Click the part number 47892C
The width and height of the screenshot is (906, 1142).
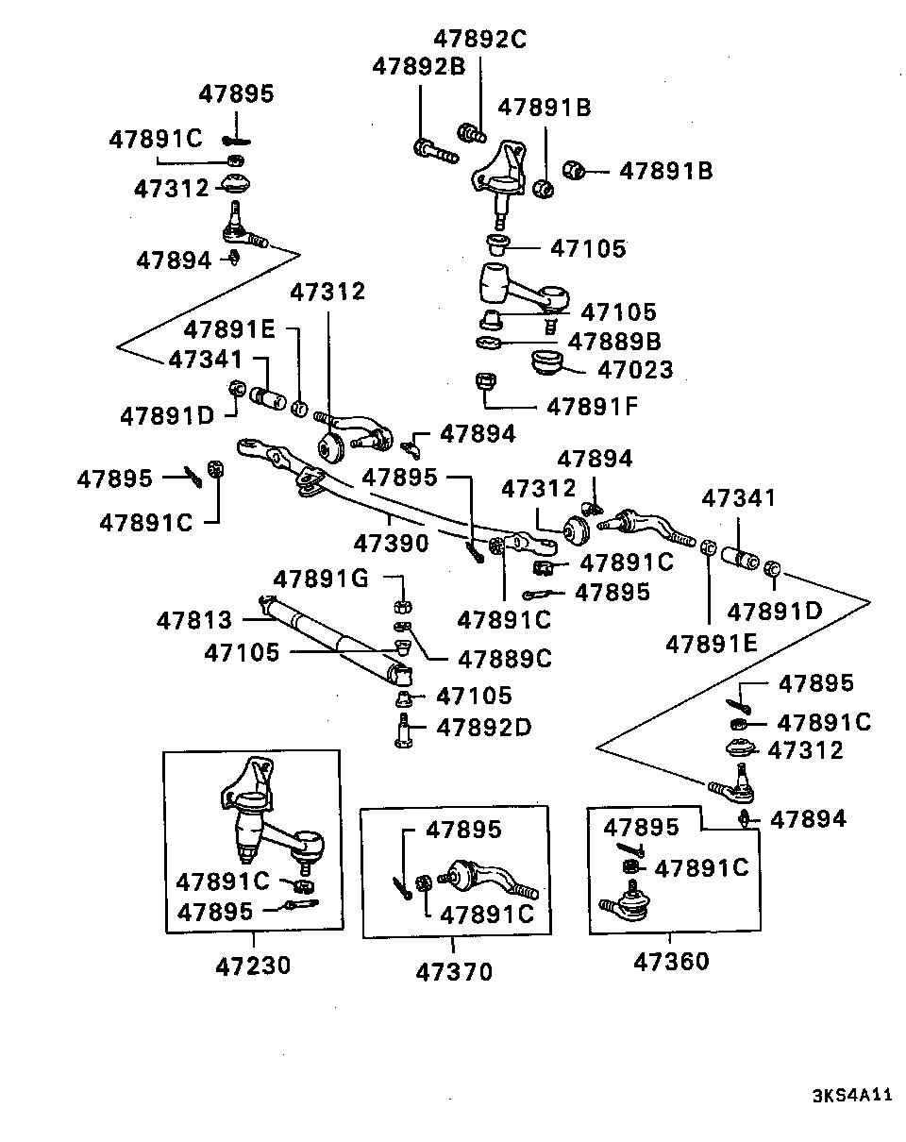coord(479,40)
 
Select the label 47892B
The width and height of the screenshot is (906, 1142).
coord(419,67)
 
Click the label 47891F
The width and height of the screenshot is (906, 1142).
coord(594,408)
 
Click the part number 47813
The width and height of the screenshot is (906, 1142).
coord(193,621)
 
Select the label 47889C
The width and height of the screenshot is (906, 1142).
coord(504,659)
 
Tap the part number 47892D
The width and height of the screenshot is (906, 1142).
coord(483,728)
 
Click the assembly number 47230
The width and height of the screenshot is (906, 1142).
coord(253,966)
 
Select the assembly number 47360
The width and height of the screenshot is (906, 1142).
coord(670,962)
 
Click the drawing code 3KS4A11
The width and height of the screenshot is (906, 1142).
coord(852,1097)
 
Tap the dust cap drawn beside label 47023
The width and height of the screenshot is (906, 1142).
coord(546,362)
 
